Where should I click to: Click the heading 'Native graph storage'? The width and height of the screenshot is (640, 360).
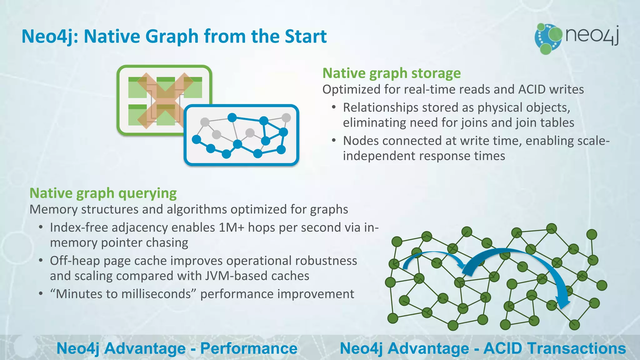click(391, 73)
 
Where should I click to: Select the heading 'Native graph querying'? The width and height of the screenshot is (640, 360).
click(103, 193)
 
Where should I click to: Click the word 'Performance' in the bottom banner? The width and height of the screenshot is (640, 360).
click(249, 348)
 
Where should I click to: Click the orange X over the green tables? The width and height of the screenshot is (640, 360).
click(165, 100)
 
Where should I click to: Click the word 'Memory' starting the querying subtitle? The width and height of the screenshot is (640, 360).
click(53, 210)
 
